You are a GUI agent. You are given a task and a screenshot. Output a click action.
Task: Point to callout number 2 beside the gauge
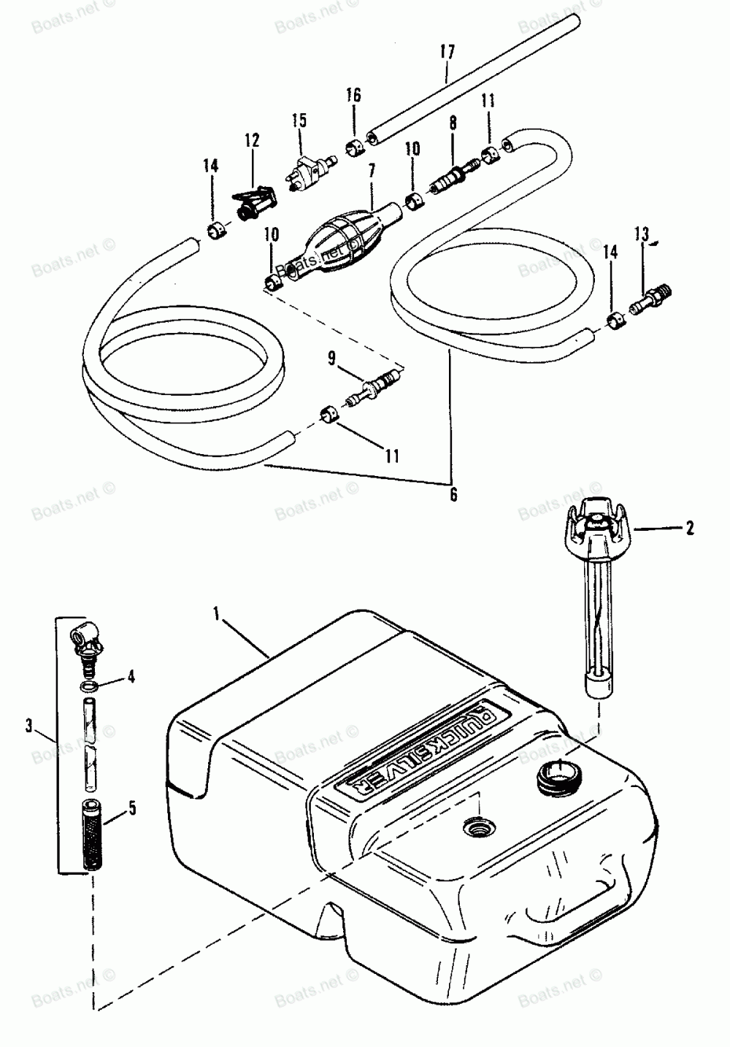coord(690,527)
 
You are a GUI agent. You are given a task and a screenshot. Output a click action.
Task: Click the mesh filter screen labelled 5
coord(90,832)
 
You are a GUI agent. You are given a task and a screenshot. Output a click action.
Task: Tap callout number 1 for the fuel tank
coord(217,616)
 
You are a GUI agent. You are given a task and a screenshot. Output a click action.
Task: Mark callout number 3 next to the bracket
coord(28,726)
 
